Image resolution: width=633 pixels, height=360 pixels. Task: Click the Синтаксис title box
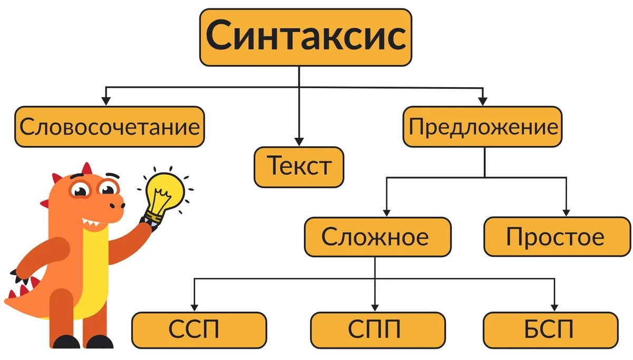(305, 37)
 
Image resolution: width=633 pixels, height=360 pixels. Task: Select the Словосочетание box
(109, 127)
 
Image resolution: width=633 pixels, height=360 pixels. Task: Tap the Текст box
(299, 167)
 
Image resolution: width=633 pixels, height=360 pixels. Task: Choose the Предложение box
(483, 127)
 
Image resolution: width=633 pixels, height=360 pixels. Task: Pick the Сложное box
(377, 237)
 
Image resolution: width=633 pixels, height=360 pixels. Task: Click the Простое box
(557, 237)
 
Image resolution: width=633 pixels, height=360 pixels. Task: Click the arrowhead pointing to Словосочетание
(106, 100)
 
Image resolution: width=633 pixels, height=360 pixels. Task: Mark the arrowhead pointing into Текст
(299, 141)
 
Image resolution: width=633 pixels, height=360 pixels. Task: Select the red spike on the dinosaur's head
(86, 168)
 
